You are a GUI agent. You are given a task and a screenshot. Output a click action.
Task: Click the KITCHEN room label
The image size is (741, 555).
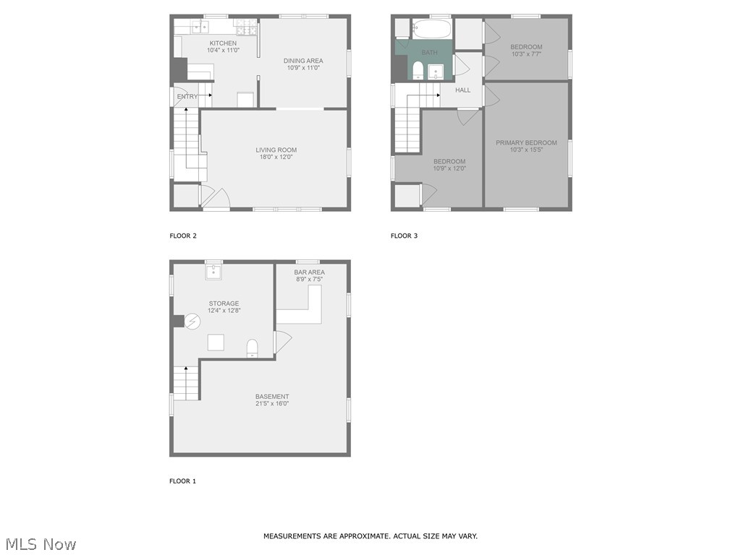(203, 43)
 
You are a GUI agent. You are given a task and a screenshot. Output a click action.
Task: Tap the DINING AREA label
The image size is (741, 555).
(302, 61)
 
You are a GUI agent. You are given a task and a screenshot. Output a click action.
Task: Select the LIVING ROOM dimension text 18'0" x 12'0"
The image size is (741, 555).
(276, 158)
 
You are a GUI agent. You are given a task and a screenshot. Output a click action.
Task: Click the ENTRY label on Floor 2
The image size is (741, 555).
(187, 97)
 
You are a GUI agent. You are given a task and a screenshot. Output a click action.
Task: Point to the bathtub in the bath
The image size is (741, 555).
(431, 30)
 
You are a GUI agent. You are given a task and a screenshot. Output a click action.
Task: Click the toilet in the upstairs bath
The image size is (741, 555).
(418, 69)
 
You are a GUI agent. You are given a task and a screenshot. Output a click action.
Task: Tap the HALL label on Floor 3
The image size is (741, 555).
(462, 90)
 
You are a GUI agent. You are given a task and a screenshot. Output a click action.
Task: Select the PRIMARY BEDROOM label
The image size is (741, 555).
(526, 143)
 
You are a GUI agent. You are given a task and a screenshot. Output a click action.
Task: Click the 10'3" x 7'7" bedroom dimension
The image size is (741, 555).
(526, 54)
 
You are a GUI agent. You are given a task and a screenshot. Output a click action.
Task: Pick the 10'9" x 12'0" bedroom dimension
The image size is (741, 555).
(449, 168)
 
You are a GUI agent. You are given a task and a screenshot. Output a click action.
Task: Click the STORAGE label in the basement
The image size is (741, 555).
(224, 304)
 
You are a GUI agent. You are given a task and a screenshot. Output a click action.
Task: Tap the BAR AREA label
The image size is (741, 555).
(309, 272)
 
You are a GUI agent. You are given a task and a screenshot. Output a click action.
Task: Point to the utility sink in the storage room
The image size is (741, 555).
(213, 272)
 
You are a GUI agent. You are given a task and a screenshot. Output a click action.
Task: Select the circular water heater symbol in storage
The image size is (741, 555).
(192, 321)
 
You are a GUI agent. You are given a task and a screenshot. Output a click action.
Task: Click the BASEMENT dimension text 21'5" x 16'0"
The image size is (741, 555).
(272, 404)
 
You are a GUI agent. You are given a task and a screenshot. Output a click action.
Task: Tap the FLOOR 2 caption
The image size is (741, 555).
(183, 236)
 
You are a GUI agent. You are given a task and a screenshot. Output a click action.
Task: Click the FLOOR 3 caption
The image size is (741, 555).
(405, 236)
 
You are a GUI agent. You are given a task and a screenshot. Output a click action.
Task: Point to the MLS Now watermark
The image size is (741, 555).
(40, 544)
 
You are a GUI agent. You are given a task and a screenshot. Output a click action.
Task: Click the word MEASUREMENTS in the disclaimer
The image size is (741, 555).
(290, 536)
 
